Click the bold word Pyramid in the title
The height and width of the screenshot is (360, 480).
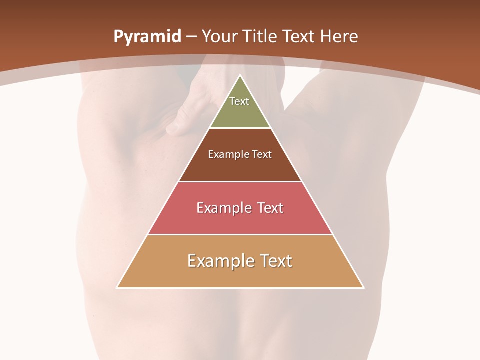tap(147, 37)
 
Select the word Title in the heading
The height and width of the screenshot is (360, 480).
tap(260, 37)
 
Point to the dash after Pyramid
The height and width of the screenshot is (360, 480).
tap(191, 37)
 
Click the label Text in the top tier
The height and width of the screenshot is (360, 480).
tap(239, 101)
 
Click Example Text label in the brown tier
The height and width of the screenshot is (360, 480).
tap(240, 154)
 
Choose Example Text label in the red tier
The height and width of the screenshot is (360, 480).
tap(240, 208)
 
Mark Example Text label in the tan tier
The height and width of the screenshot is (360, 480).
tap(240, 261)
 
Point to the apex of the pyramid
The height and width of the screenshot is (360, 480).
tap(240, 76)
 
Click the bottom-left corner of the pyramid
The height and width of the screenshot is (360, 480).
tap(117, 287)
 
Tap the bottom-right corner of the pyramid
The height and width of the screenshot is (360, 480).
tap(363, 287)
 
